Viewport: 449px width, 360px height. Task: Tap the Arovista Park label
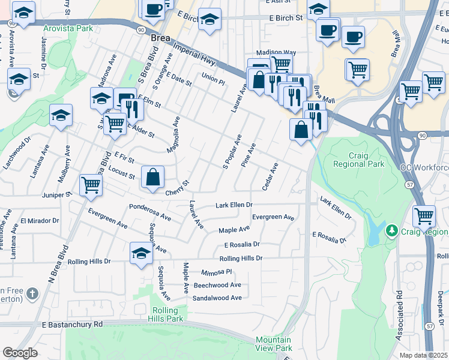coord(68,28)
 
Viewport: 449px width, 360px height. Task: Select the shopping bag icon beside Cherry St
coord(153,178)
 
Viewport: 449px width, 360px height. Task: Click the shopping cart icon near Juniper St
coord(91,185)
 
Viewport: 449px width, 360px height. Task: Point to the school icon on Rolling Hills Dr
coord(141,253)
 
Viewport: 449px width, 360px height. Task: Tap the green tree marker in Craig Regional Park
coord(392,230)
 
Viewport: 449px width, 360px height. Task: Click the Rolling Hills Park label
coord(164,314)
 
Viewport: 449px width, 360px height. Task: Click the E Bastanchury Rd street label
coord(72,324)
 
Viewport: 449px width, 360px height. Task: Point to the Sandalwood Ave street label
coord(217,298)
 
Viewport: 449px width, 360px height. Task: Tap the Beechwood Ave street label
coord(217,285)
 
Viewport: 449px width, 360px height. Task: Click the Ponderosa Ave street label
coord(150,211)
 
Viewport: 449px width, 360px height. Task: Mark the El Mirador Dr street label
coord(40,221)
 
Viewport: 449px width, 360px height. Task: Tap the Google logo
coord(20,353)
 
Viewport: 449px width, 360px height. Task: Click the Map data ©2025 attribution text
coord(424,355)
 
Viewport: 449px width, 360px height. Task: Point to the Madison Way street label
coord(276,53)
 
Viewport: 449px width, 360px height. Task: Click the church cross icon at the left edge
coord(32,294)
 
